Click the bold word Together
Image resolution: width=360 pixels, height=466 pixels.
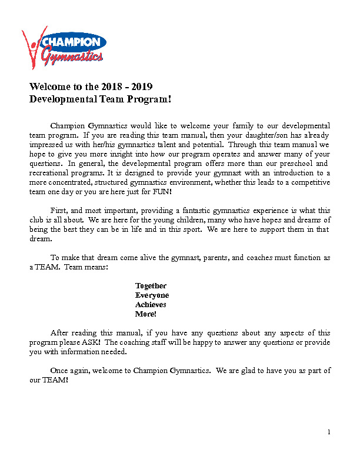[151, 286]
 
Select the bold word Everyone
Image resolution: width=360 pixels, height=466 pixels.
[152, 295]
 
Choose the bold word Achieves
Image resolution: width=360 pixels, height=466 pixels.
[151, 305]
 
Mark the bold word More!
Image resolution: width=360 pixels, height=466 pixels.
[146, 314]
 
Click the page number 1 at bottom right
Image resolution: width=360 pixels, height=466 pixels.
[329, 433]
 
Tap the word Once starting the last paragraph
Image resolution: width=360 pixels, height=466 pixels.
[59, 371]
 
